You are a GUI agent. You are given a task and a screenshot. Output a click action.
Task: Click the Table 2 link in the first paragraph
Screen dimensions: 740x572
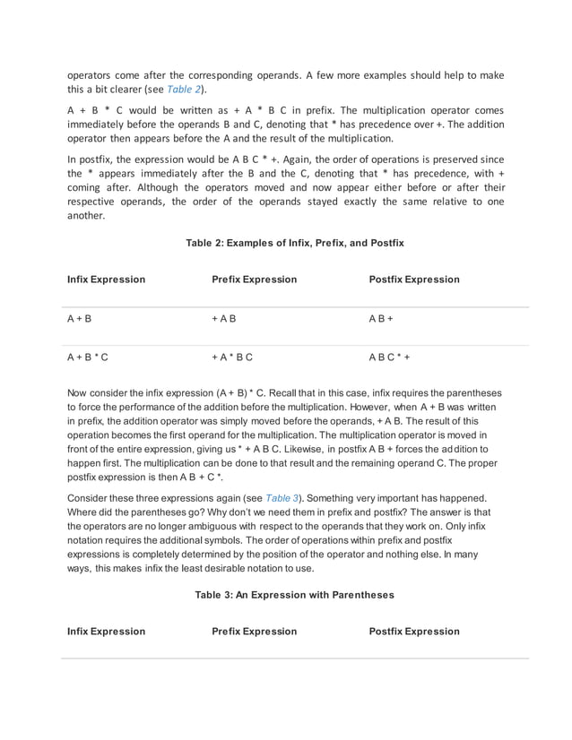point(184,90)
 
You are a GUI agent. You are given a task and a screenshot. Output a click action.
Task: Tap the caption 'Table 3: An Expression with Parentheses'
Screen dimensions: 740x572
point(294,594)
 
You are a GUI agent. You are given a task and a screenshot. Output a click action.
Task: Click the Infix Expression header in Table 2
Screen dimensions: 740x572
point(106,280)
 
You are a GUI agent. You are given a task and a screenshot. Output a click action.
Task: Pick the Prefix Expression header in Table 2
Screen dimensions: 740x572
point(254,280)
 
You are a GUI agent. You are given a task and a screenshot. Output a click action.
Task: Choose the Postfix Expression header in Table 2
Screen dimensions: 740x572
point(414,280)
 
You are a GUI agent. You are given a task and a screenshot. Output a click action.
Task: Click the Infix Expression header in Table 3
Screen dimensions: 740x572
point(106,632)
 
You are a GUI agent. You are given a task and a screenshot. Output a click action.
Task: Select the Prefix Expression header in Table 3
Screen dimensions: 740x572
point(254,632)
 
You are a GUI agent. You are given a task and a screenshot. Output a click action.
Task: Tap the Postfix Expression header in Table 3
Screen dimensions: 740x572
point(414,632)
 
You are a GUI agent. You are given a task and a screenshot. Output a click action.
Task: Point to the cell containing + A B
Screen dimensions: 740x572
point(224,319)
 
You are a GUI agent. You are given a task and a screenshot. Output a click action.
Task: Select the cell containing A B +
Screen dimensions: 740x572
point(381,319)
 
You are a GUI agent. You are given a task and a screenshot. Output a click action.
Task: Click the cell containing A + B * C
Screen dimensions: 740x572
point(88,357)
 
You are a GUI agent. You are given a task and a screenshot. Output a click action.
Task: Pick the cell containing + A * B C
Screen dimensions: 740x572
point(232,357)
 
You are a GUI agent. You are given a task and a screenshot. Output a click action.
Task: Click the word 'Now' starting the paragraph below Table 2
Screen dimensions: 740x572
point(78,393)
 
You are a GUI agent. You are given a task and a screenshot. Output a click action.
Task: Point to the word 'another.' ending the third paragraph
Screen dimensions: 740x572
point(86,216)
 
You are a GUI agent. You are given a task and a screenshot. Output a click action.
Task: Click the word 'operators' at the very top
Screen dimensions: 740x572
point(91,76)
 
